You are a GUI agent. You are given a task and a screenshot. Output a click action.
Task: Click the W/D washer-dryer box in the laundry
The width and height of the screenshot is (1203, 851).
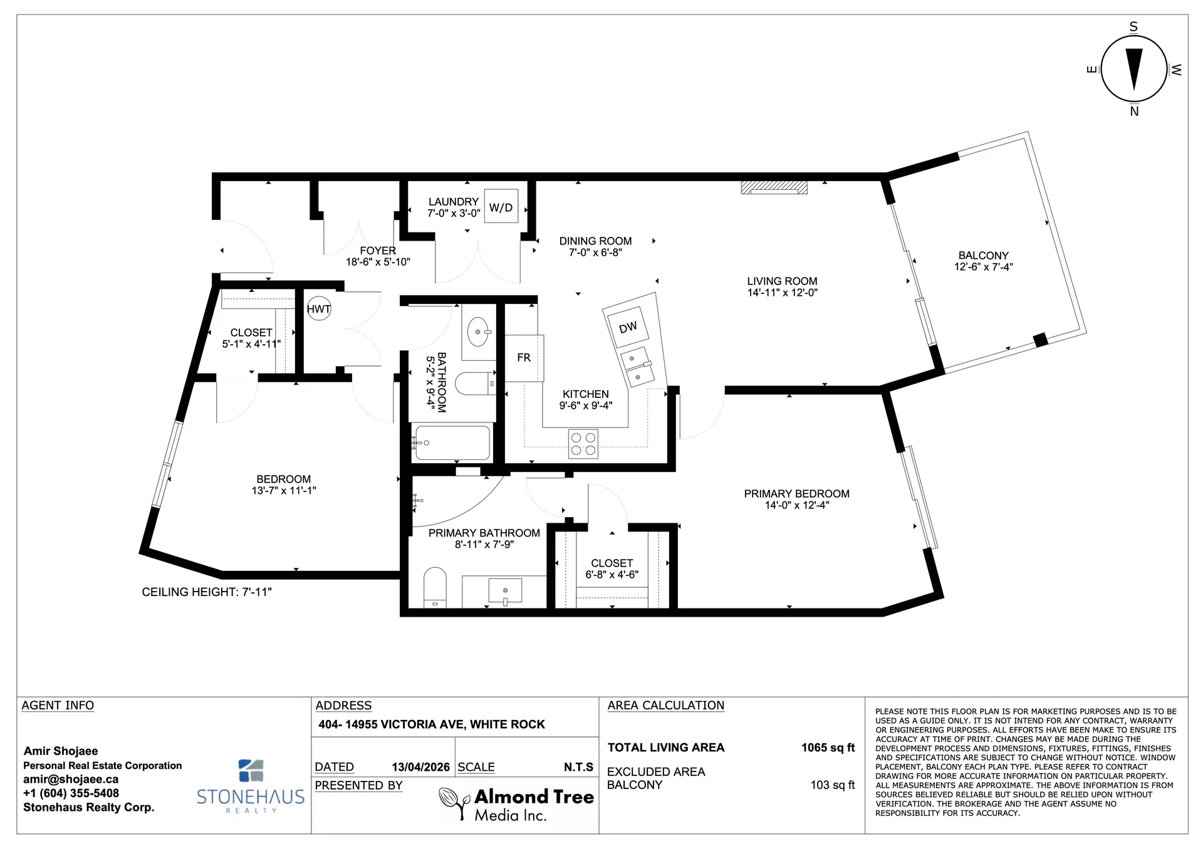501,206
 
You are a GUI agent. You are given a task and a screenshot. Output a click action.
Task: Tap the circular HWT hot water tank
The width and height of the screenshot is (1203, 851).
319,308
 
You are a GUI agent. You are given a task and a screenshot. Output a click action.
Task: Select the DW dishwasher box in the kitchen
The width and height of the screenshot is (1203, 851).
628,327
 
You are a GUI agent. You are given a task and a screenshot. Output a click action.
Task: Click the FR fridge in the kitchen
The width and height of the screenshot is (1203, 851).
524,358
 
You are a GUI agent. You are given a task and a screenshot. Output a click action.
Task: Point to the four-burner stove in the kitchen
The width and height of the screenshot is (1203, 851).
583,444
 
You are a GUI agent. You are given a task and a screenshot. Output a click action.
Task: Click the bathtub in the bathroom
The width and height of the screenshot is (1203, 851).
452,442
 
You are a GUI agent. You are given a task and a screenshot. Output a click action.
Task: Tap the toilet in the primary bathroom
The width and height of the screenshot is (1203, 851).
435,587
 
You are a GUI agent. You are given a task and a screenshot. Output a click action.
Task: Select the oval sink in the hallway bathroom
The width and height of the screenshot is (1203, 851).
478,332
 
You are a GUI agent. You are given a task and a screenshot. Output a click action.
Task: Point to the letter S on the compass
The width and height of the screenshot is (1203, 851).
1133,27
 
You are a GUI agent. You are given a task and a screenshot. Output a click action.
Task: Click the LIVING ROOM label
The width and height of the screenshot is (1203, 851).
782,281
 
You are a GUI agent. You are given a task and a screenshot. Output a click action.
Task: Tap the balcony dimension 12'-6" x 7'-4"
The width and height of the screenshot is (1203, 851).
984,267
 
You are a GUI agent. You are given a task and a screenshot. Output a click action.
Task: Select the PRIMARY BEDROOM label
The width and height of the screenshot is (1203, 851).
797,494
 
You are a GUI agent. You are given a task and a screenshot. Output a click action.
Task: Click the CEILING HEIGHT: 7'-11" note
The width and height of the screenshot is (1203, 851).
207,592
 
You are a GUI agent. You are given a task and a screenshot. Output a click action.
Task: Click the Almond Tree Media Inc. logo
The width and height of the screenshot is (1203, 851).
516,805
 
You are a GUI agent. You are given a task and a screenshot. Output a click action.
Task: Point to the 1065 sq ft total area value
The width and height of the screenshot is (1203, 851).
828,748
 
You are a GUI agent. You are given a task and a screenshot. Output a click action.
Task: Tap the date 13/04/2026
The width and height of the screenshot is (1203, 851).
421,767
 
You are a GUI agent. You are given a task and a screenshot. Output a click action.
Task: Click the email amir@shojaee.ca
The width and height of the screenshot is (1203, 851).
71,780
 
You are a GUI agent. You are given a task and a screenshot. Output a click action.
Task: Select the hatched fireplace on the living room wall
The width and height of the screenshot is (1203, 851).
774,187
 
